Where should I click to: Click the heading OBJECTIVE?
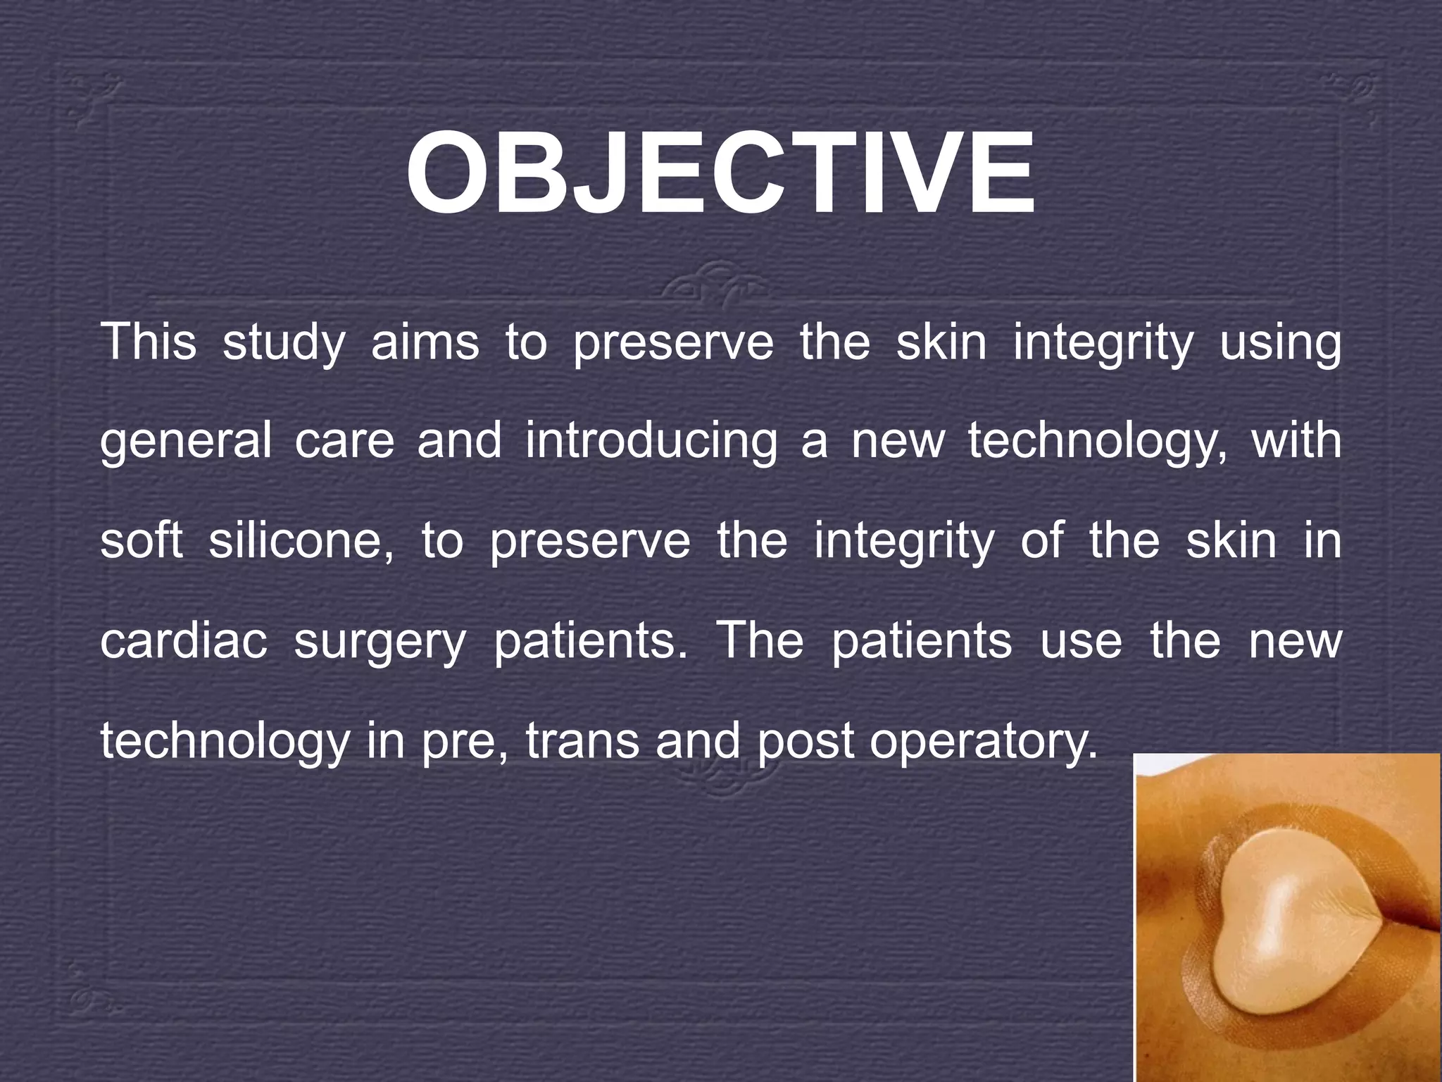pos(720,174)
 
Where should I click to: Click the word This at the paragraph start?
pos(149,342)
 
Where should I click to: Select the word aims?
pos(425,342)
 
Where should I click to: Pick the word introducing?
pos(651,442)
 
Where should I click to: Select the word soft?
pos(142,541)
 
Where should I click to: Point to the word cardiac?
pos(184,641)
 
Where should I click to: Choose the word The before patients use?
pos(759,641)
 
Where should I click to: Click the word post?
pos(804,742)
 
